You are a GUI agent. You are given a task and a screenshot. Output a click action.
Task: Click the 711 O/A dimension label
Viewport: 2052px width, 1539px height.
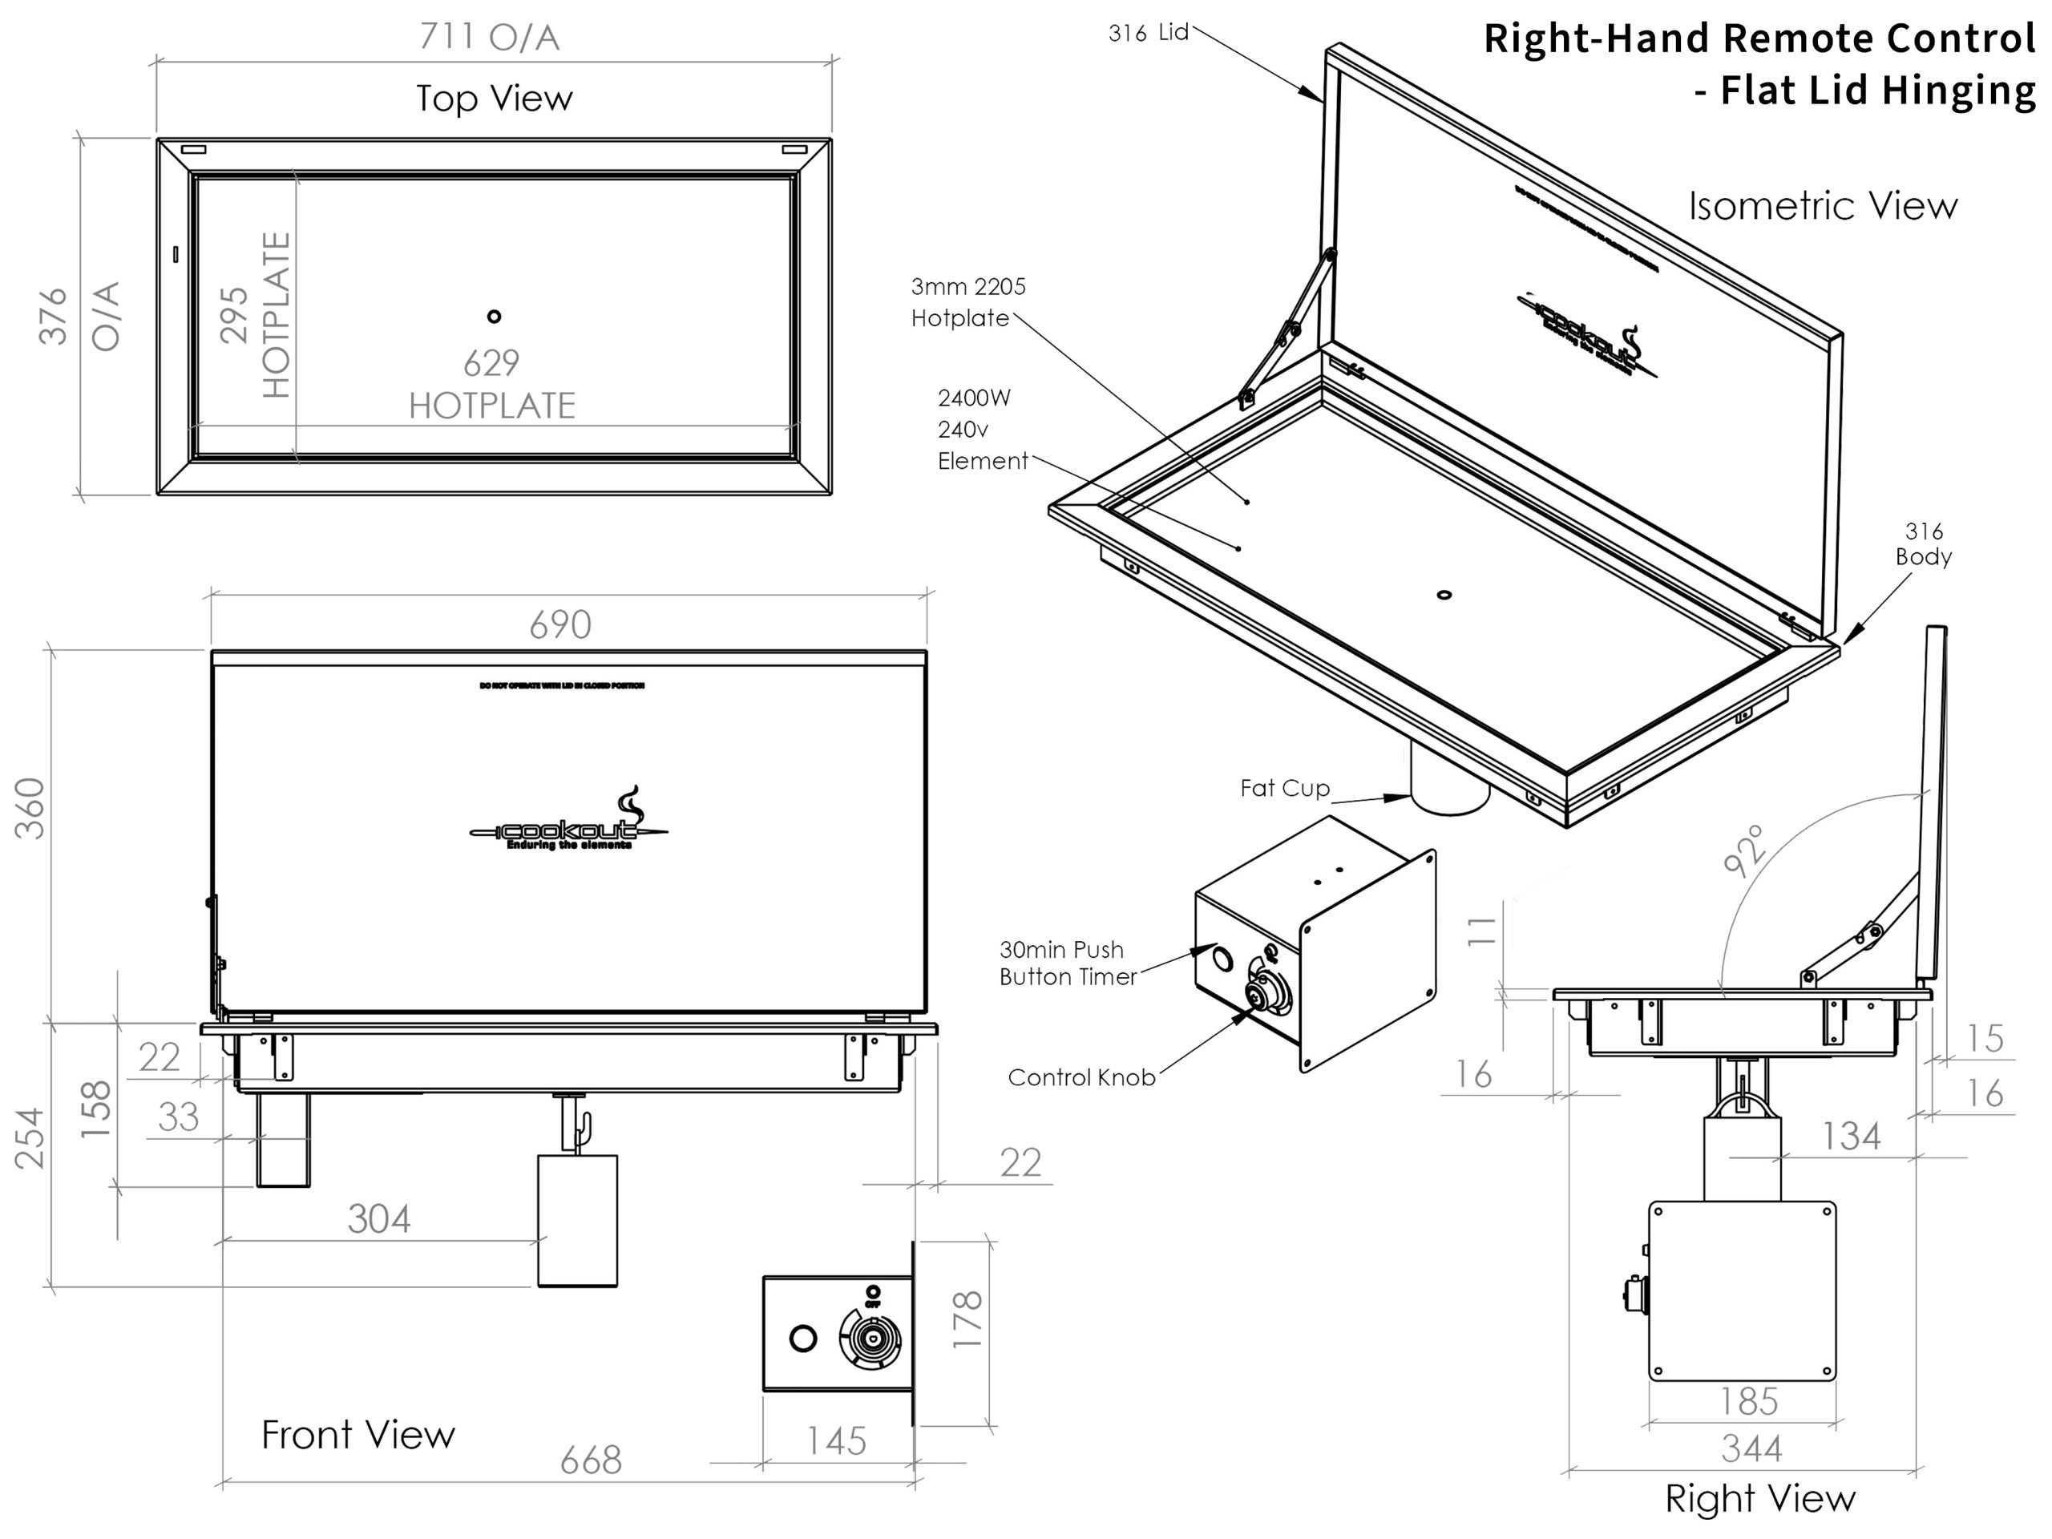[489, 37]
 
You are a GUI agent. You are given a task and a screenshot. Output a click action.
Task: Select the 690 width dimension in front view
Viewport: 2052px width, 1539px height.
[560, 624]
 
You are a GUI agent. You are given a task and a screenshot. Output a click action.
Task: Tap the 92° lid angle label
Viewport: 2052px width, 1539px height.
[1743, 850]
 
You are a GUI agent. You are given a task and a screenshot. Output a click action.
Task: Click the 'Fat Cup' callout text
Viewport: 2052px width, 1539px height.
[1285, 789]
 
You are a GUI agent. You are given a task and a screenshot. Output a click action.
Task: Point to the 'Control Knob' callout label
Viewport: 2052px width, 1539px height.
[1081, 1077]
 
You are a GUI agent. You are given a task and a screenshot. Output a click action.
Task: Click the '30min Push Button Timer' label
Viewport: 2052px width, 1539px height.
[1067, 963]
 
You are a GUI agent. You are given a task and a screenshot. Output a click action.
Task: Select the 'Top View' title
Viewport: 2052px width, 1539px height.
[495, 99]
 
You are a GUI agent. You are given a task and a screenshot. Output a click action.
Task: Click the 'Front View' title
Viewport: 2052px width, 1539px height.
[358, 1434]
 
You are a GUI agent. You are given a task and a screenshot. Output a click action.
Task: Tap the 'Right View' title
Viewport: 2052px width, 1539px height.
[1759, 1498]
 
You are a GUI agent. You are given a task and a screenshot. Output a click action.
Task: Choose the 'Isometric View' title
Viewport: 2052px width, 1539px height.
[1823, 206]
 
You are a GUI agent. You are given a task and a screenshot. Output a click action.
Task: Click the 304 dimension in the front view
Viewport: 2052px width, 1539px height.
[378, 1218]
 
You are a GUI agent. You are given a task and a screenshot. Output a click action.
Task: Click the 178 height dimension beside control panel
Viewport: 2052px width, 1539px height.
[967, 1319]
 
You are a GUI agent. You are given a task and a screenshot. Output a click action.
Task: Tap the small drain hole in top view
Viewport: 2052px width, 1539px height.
[495, 317]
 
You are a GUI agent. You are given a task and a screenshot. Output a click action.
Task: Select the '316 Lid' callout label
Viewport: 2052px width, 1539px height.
[1149, 34]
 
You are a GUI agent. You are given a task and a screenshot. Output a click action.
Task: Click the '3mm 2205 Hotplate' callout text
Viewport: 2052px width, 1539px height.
[967, 302]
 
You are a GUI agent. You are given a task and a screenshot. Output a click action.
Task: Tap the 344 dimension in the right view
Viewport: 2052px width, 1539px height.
[1751, 1448]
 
